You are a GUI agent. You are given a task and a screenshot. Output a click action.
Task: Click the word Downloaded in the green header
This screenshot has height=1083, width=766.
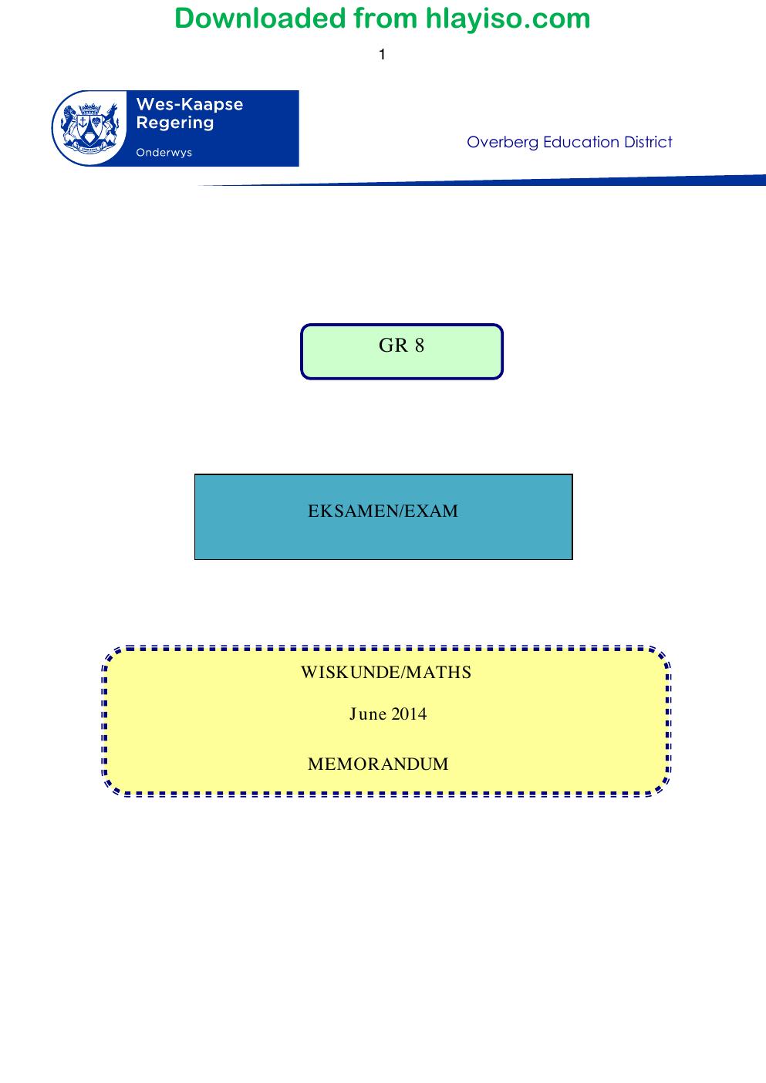point(260,19)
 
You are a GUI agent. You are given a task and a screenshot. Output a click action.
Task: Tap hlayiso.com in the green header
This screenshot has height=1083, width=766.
point(508,19)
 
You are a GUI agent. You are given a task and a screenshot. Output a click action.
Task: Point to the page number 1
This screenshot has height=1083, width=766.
point(382,55)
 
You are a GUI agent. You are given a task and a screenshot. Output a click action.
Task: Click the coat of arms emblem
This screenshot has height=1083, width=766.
point(89,127)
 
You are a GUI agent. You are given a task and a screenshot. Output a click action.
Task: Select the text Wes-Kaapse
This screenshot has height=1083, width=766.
point(190,104)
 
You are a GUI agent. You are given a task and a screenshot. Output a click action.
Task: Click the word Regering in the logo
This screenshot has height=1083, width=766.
point(175,123)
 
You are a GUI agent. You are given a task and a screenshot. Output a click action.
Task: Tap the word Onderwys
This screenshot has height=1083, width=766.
point(164,152)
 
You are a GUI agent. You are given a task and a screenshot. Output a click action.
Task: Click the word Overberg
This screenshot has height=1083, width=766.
point(502,142)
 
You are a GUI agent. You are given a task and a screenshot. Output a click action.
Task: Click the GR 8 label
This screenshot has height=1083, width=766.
point(401,346)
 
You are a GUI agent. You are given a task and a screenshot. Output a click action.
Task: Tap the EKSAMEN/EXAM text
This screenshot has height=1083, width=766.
point(383,511)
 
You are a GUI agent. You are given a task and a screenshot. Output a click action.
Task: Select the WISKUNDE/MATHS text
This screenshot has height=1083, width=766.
point(386,672)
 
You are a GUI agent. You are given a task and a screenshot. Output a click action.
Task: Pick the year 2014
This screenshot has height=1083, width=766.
point(409,714)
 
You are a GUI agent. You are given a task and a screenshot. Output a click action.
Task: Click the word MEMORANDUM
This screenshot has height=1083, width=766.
point(378,764)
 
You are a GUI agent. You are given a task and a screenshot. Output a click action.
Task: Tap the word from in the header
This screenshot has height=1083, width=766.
point(386,19)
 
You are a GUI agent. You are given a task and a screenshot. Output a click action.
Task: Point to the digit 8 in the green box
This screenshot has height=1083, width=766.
point(420,346)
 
